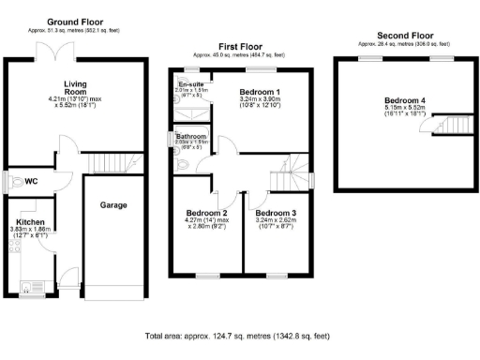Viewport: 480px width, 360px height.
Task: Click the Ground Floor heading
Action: (x=77, y=21)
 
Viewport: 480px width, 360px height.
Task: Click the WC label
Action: (x=31, y=181)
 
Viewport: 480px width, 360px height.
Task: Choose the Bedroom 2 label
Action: (x=208, y=213)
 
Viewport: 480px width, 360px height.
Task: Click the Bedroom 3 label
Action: (x=277, y=213)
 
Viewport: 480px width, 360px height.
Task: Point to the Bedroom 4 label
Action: (x=405, y=102)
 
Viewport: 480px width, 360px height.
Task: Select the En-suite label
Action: (x=191, y=83)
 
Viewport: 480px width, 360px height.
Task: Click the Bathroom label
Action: (x=192, y=137)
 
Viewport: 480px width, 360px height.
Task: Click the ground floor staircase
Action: (x=107, y=165)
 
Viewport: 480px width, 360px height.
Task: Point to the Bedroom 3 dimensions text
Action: (x=277, y=225)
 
